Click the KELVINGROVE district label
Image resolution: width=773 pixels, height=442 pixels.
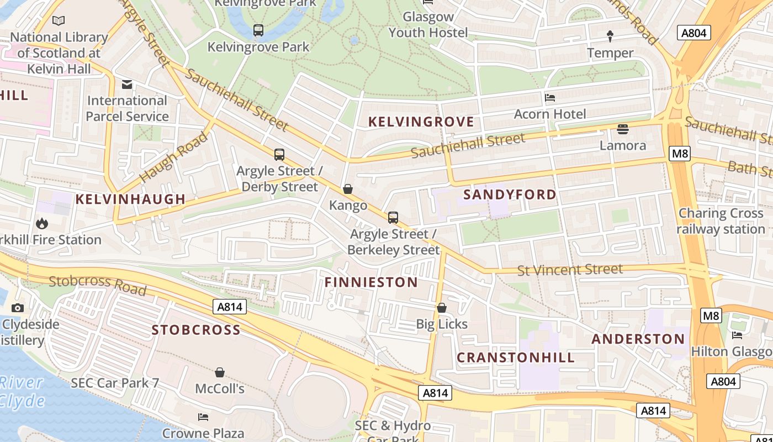[x=421, y=122]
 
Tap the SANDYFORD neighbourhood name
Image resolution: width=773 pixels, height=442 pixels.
[x=510, y=194]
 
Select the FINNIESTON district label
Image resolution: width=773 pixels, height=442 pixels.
[x=371, y=282]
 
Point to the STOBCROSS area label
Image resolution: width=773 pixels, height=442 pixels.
[x=196, y=330]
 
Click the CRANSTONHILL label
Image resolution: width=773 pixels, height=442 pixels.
[x=516, y=357]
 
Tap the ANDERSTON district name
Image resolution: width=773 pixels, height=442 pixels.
[x=638, y=339]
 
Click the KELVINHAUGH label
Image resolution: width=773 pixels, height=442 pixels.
[x=130, y=199]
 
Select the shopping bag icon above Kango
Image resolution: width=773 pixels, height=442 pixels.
[x=348, y=190]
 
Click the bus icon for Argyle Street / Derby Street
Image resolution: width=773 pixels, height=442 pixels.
[x=279, y=155]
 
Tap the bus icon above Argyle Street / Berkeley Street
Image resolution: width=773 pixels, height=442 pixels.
[x=393, y=218]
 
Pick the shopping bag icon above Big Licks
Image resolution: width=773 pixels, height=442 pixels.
[x=442, y=308]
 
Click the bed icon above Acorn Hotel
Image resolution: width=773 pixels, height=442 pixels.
[x=550, y=98]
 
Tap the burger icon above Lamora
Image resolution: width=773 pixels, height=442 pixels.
[x=623, y=129]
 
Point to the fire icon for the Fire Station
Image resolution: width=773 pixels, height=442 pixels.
[x=41, y=224]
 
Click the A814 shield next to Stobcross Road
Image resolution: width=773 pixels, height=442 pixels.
[x=229, y=307]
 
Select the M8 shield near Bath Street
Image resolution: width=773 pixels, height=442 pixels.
[x=679, y=153]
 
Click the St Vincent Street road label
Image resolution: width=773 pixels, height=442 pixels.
[x=570, y=270]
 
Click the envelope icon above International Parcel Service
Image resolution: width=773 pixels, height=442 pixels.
[x=127, y=85]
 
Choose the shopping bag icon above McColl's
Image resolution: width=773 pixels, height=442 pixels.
[x=220, y=372]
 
